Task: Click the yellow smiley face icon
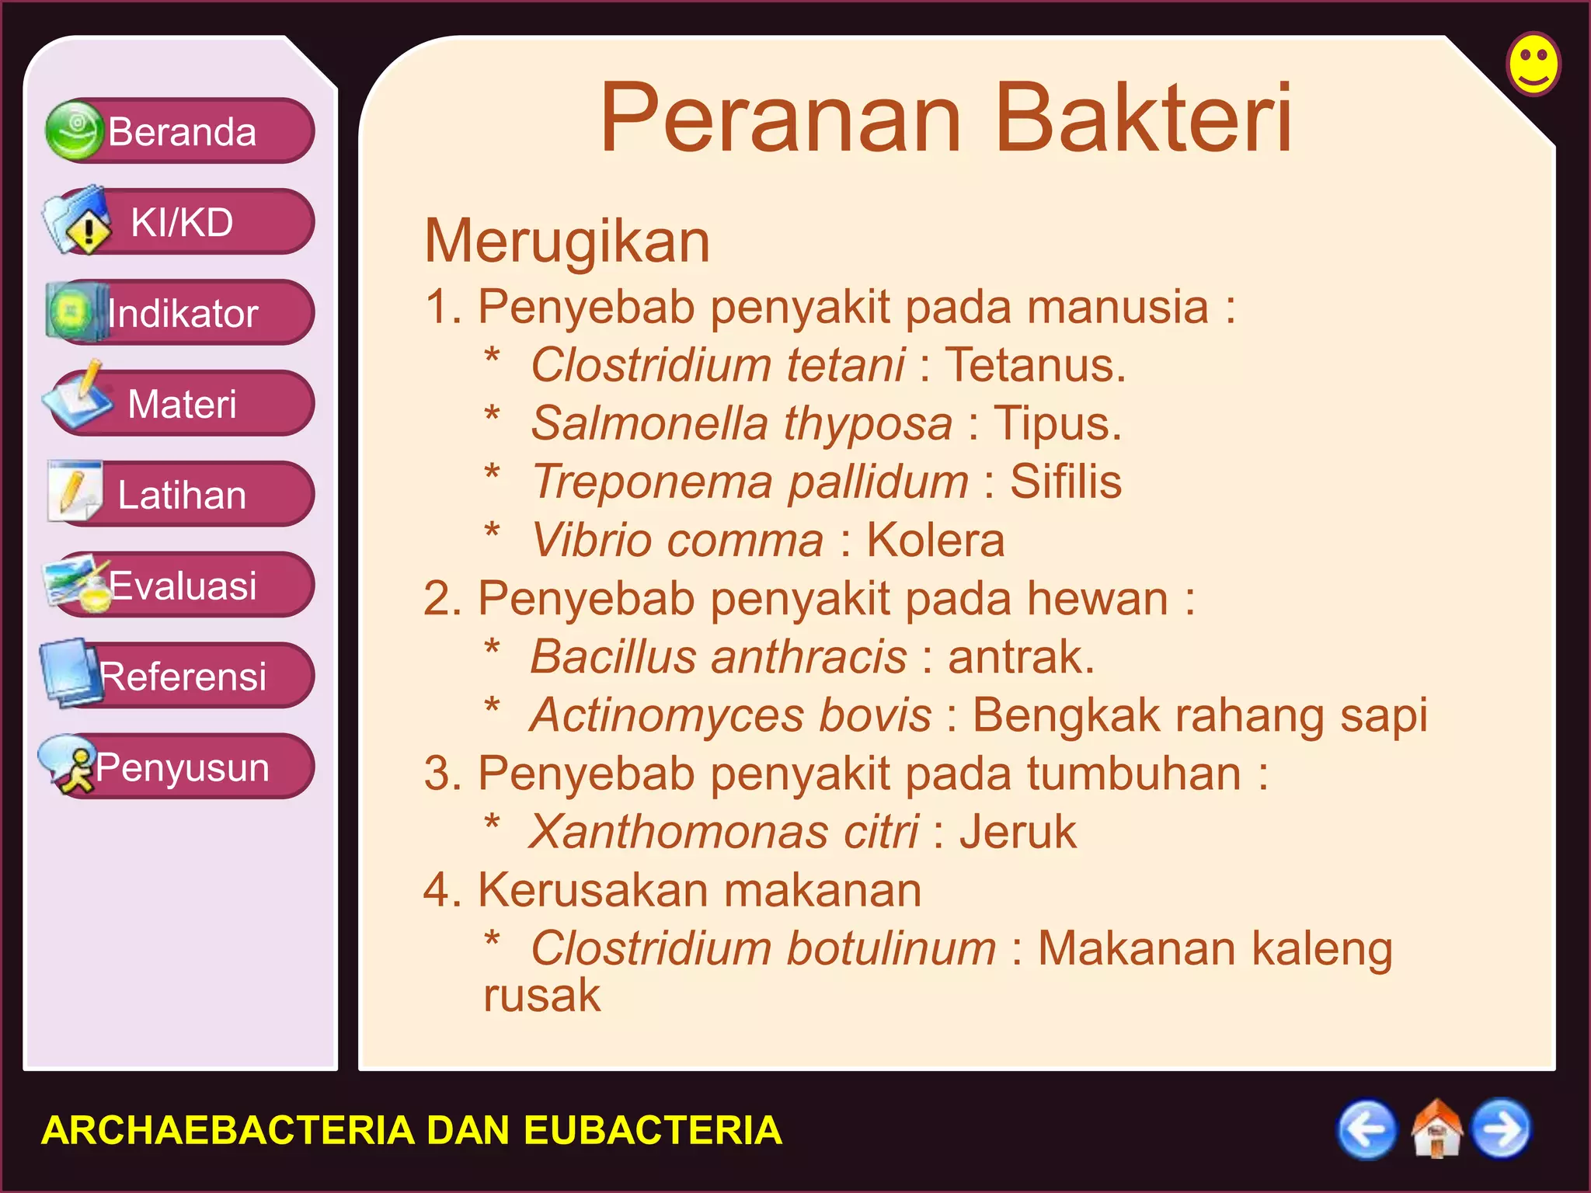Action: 1534,64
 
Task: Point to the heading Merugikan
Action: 567,242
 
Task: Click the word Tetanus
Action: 1035,365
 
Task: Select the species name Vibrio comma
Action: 677,541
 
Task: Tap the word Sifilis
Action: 1065,482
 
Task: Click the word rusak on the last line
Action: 541,996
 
